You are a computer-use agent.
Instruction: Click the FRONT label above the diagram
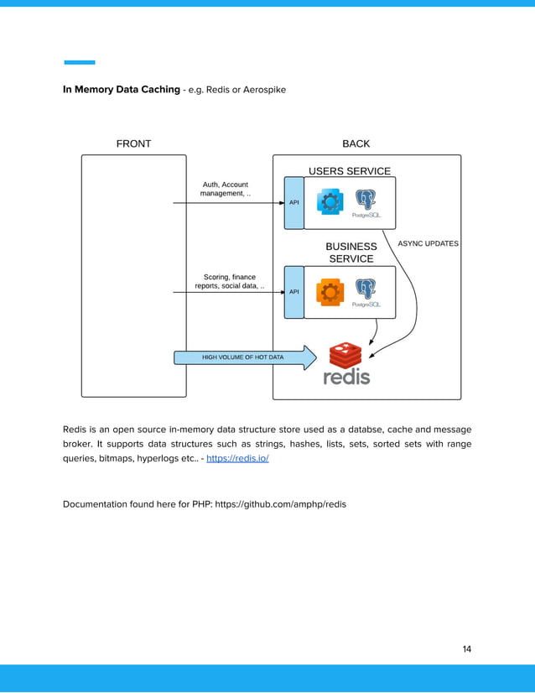click(133, 143)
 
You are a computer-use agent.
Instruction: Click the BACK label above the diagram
click(356, 143)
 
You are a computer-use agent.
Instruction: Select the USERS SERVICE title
click(350, 171)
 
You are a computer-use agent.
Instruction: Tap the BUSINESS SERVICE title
click(351, 253)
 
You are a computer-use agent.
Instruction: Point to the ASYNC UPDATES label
click(428, 243)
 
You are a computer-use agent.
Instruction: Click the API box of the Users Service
click(293, 202)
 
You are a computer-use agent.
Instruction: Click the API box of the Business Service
click(293, 292)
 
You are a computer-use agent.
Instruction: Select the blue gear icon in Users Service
click(330, 202)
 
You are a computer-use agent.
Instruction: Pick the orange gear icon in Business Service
click(330, 292)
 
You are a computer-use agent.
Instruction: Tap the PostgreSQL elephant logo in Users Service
click(366, 201)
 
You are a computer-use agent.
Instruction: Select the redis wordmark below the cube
click(346, 378)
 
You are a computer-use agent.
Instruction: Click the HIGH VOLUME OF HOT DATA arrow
click(243, 357)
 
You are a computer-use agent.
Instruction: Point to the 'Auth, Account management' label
click(226, 189)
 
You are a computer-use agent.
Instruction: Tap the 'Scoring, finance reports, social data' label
click(230, 281)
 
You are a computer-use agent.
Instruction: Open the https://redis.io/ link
click(237, 459)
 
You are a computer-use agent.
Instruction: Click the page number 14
click(466, 649)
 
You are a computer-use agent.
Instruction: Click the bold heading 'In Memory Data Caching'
click(122, 88)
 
